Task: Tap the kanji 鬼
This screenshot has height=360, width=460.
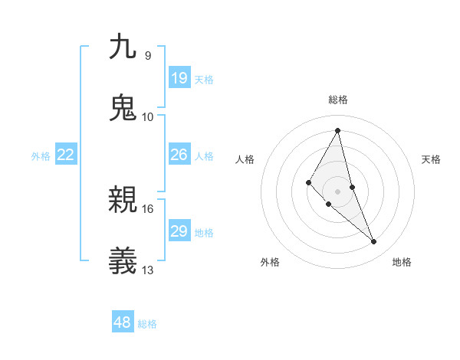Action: [x=123, y=107]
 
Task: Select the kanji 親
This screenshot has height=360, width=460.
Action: [x=123, y=200]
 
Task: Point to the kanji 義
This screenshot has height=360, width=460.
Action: [x=123, y=261]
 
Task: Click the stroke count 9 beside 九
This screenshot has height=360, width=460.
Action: [x=147, y=55]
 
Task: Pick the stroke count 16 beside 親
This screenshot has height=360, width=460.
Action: [x=148, y=208]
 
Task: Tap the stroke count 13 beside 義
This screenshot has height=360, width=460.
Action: [x=148, y=270]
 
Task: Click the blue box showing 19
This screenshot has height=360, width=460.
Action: [x=179, y=77]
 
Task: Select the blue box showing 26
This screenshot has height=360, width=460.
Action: [x=179, y=155]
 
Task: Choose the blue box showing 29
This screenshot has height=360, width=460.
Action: [x=179, y=231]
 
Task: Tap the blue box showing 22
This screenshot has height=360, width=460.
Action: [x=66, y=155]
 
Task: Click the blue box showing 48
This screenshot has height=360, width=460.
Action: [x=122, y=322]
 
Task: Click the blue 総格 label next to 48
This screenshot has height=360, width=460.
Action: [x=147, y=324]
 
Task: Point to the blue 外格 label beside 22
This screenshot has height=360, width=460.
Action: [x=41, y=156]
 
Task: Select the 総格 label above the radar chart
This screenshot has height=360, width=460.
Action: [x=338, y=100]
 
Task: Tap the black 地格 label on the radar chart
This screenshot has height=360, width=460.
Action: [x=402, y=262]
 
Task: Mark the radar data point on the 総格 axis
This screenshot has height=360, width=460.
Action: [x=338, y=130]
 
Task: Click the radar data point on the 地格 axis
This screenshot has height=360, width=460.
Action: [x=374, y=242]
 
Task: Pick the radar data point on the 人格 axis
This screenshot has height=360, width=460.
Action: [x=308, y=182]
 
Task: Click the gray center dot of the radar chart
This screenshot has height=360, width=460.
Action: [x=338, y=191]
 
